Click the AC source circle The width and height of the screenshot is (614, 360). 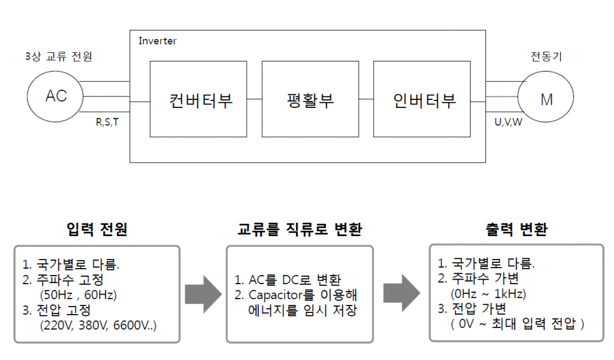(x=56, y=96)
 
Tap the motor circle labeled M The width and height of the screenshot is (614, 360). (x=546, y=99)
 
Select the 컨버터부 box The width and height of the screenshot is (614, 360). (x=199, y=99)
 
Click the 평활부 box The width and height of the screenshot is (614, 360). (x=310, y=99)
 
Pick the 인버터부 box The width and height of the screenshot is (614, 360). (x=424, y=99)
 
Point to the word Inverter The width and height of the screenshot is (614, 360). (x=157, y=41)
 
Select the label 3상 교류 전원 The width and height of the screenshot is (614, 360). (x=59, y=56)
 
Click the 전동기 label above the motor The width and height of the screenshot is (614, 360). (x=546, y=56)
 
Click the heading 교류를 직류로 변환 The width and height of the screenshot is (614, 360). (x=300, y=230)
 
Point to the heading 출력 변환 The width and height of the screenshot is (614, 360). (x=516, y=230)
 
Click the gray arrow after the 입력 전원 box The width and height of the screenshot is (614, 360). (x=203, y=293)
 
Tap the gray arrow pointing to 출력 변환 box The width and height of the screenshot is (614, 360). (x=401, y=293)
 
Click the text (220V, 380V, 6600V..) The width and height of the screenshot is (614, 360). (x=98, y=326)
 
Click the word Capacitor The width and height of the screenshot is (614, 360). (x=275, y=296)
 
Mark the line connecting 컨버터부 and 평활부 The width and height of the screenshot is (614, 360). (x=255, y=99)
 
